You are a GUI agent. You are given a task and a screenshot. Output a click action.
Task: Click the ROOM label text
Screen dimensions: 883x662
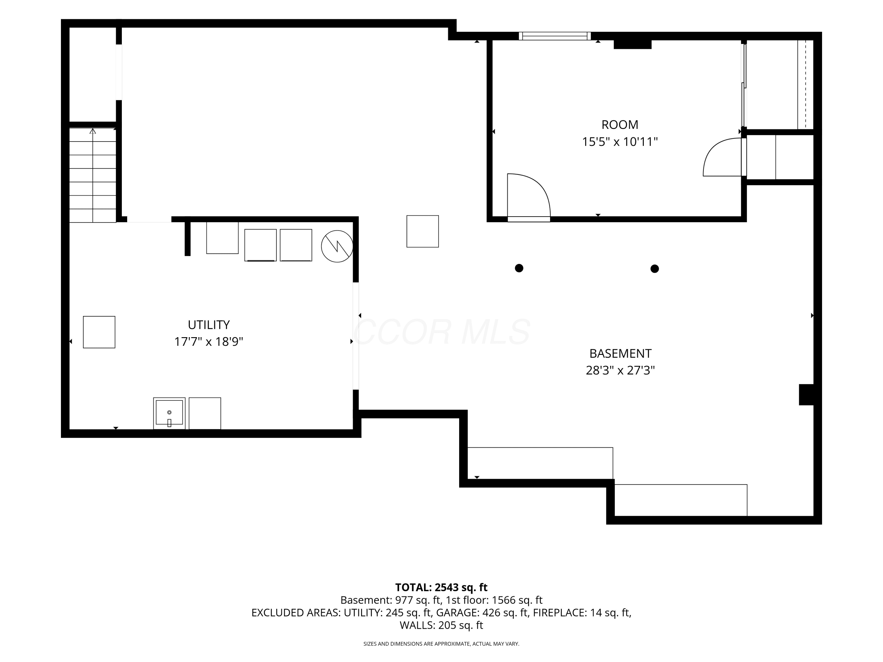(x=620, y=125)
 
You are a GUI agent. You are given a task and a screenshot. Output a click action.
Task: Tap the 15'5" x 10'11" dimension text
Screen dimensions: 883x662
(x=620, y=142)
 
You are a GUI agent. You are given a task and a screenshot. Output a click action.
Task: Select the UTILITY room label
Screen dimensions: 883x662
(x=209, y=325)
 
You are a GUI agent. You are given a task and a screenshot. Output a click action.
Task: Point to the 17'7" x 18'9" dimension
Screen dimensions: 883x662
(x=209, y=342)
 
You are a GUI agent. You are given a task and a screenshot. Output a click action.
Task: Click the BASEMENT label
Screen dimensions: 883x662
(x=620, y=354)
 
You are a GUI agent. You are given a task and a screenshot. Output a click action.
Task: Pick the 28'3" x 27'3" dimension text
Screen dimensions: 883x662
(x=620, y=371)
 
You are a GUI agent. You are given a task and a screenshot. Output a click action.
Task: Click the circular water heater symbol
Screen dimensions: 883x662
(x=337, y=246)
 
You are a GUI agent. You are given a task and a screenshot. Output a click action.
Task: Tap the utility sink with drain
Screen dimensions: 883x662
(x=169, y=413)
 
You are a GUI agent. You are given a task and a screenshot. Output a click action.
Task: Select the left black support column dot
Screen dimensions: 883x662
(x=519, y=268)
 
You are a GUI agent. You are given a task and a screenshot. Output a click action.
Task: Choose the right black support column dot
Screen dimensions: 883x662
(x=655, y=269)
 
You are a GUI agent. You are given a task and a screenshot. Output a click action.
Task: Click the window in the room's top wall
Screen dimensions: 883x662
(x=555, y=36)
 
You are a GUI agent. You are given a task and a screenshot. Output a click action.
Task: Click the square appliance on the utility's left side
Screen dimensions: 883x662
(x=99, y=332)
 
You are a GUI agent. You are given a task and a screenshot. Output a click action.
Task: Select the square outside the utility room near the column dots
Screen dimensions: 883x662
(x=423, y=232)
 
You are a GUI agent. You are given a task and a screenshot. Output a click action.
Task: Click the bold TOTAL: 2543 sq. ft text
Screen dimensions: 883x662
(x=441, y=587)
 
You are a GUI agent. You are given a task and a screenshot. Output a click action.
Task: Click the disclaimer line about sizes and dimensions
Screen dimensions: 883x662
(x=441, y=644)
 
